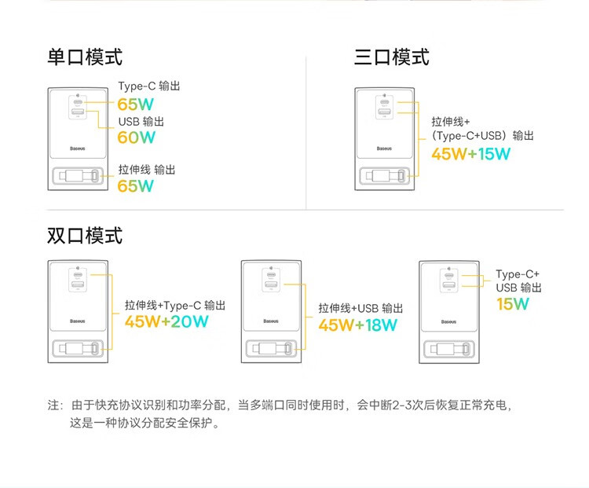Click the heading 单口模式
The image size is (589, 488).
point(85,57)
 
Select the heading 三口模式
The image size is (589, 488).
point(391,57)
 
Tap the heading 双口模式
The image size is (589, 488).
point(85,236)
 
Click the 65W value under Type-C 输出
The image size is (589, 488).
point(136,105)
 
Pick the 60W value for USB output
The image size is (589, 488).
point(137,138)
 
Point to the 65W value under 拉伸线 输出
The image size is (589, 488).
point(136,185)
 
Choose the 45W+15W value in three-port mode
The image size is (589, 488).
point(471,154)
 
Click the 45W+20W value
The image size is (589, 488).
point(166,321)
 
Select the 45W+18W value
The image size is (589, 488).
point(357,325)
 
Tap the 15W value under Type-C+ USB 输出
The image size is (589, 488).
point(513,304)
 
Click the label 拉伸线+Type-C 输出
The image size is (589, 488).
point(175,305)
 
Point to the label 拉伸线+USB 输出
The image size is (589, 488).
point(360,308)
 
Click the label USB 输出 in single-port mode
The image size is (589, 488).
point(141,122)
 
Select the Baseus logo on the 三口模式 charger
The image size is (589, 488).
point(384,149)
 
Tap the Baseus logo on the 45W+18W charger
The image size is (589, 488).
point(271,321)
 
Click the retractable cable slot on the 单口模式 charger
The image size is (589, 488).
point(78,175)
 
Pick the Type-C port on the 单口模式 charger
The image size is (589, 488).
point(78,102)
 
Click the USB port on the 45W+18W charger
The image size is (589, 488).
point(271,284)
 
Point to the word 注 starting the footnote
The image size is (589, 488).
point(53,405)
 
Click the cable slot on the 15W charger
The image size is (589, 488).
point(449,349)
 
